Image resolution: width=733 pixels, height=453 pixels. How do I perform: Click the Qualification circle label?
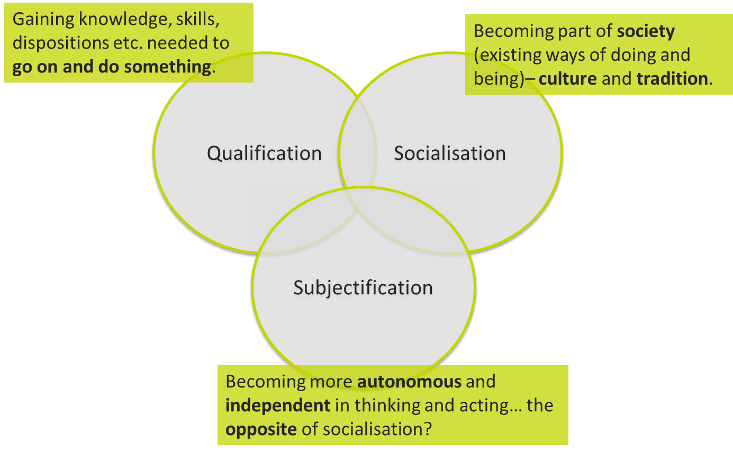click(x=264, y=153)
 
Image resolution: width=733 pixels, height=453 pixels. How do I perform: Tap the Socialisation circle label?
click(x=449, y=153)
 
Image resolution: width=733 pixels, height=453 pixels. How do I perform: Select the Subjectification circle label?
click(x=363, y=287)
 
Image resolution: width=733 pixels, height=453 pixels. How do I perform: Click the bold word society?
click(x=646, y=31)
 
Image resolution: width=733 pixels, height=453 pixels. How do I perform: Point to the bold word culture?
click(x=567, y=79)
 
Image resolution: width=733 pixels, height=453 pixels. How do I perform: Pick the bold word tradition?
click(x=672, y=79)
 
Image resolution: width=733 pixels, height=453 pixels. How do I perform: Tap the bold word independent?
click(x=278, y=405)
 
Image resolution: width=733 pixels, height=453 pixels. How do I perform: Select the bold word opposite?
click(x=261, y=429)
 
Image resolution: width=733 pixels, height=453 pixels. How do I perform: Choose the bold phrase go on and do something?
click(x=111, y=67)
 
